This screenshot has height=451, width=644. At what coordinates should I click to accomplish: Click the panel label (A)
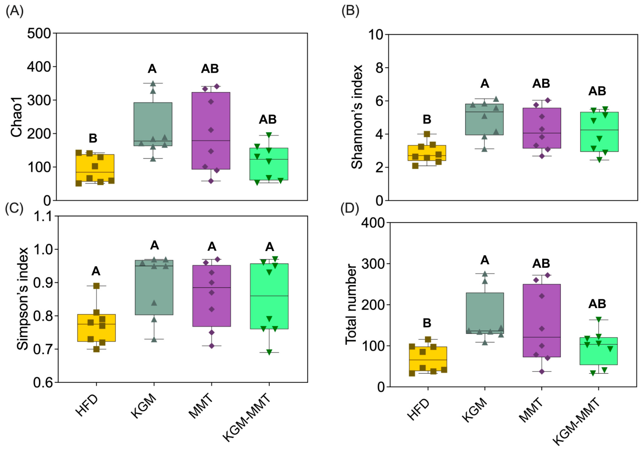click(x=15, y=12)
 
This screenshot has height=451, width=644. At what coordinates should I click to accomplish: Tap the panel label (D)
click(x=350, y=209)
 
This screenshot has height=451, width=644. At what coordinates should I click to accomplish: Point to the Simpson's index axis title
click(x=23, y=299)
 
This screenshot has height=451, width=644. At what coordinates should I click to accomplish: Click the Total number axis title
click(x=351, y=304)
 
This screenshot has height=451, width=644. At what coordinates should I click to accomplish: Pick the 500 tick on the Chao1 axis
click(x=39, y=33)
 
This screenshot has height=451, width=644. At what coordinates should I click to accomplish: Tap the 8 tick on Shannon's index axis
click(x=380, y=68)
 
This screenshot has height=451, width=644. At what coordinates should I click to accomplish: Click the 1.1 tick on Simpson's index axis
click(x=43, y=216)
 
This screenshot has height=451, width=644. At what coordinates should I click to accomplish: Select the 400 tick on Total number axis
click(x=373, y=223)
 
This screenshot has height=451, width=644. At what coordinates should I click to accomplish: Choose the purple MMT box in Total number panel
click(x=542, y=320)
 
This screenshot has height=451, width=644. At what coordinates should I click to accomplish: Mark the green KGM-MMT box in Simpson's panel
click(x=269, y=296)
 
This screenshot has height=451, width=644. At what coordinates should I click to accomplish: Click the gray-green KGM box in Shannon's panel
click(x=484, y=120)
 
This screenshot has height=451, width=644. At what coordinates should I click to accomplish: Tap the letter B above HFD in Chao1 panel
click(x=93, y=138)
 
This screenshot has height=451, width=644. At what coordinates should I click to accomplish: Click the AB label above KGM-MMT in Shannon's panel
click(x=597, y=91)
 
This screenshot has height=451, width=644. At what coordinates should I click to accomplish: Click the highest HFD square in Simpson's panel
click(x=96, y=286)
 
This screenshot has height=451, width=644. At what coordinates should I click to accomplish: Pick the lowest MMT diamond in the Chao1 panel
click(x=211, y=181)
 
